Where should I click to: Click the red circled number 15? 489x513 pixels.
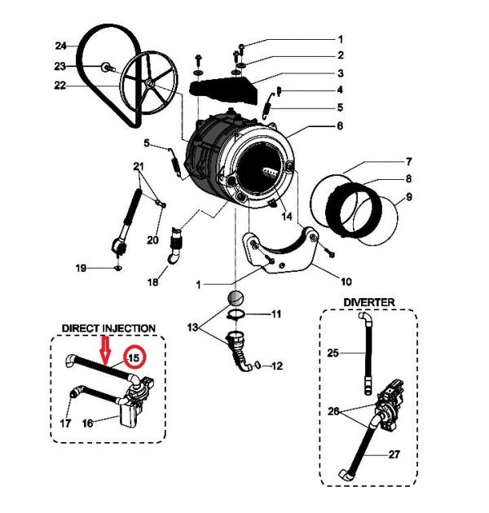(132, 357)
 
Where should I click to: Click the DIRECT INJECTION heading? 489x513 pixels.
(108, 328)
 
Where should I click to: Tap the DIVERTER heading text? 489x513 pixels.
(368, 302)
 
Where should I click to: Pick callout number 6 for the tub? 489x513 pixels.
(339, 126)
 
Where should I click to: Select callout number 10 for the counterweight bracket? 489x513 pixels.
(346, 283)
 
